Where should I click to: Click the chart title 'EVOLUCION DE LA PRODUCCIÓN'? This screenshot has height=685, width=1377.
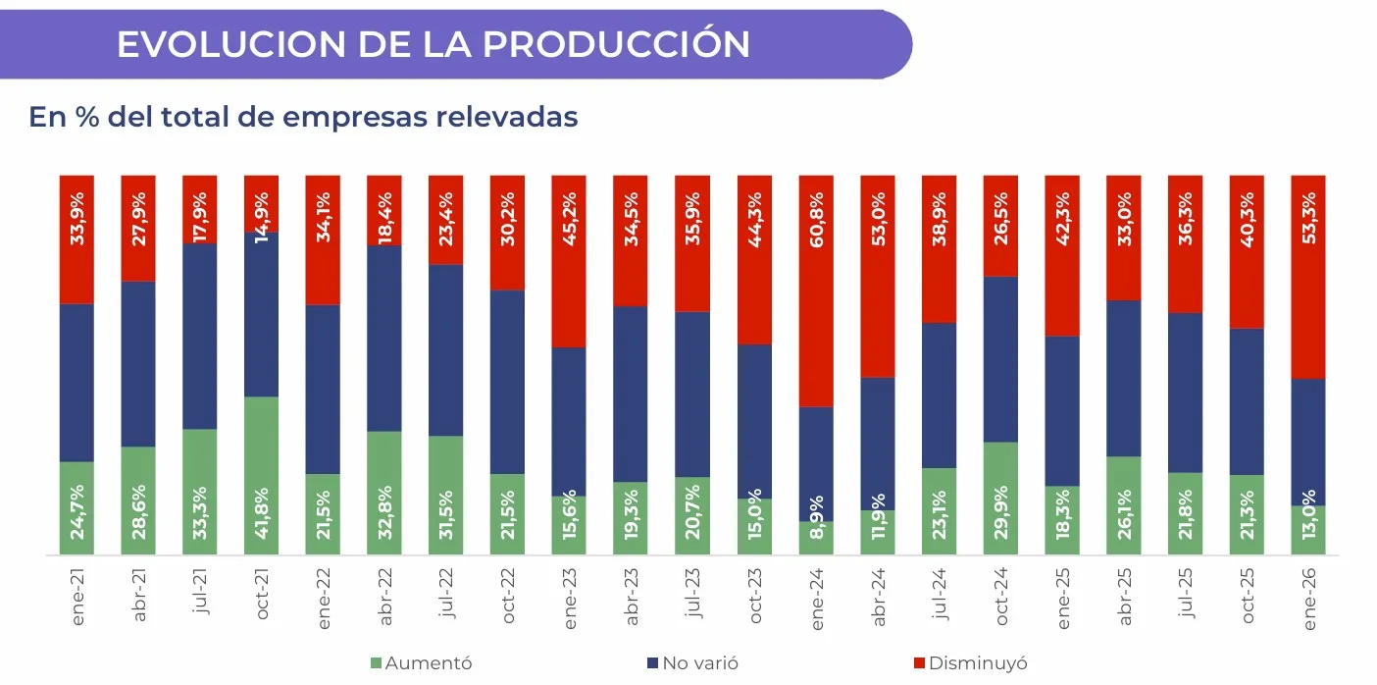click(x=433, y=44)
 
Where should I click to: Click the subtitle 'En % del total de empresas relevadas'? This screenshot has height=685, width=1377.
click(x=303, y=117)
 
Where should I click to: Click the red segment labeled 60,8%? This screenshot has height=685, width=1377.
click(x=816, y=291)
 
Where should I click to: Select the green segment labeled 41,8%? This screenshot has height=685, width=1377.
click(x=261, y=476)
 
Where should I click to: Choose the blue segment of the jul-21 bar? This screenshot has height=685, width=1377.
click(x=199, y=336)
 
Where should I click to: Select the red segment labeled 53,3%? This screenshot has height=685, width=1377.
click(x=1308, y=277)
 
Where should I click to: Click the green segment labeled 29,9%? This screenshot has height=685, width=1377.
click(x=1000, y=499)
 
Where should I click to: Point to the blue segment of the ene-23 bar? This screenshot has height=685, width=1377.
click(x=569, y=422)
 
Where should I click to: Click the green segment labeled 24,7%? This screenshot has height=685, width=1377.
click(x=76, y=508)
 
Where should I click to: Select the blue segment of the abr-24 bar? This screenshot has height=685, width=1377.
click(x=878, y=444)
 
